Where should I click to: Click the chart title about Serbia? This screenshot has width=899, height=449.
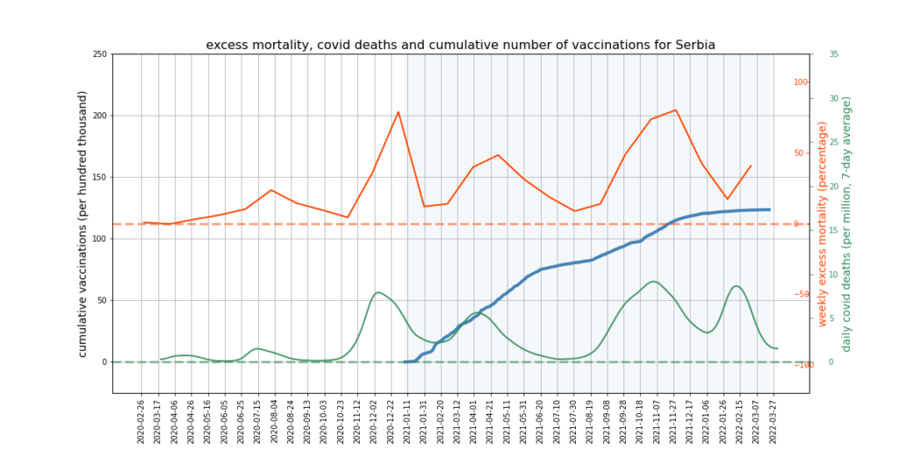(x=460, y=45)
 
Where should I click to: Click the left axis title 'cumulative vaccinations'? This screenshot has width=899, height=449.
(x=83, y=224)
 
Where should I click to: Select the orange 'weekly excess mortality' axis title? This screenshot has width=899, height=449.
(x=823, y=224)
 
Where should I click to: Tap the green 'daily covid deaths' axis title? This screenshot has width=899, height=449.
(x=846, y=224)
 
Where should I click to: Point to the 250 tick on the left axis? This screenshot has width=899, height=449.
(x=99, y=54)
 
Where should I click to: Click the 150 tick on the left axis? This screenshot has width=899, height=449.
(x=99, y=177)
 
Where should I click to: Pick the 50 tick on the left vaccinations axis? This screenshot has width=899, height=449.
(x=102, y=300)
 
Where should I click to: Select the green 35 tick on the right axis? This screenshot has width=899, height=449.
(x=833, y=54)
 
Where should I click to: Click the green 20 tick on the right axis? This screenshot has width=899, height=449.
(x=833, y=186)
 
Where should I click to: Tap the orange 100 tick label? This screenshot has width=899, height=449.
(x=801, y=82)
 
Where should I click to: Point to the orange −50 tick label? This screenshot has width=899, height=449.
(x=799, y=294)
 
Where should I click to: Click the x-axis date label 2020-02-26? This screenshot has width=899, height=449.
(x=141, y=421)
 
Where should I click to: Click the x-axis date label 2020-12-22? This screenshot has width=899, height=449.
(x=390, y=421)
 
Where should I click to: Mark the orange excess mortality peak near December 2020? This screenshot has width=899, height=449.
(x=399, y=111)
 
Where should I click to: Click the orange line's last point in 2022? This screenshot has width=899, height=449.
(x=751, y=166)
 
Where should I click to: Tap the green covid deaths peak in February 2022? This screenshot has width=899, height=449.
(x=736, y=286)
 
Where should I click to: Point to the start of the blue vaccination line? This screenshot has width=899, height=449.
(x=405, y=361)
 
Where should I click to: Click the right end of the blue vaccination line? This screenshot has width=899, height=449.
(x=770, y=210)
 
